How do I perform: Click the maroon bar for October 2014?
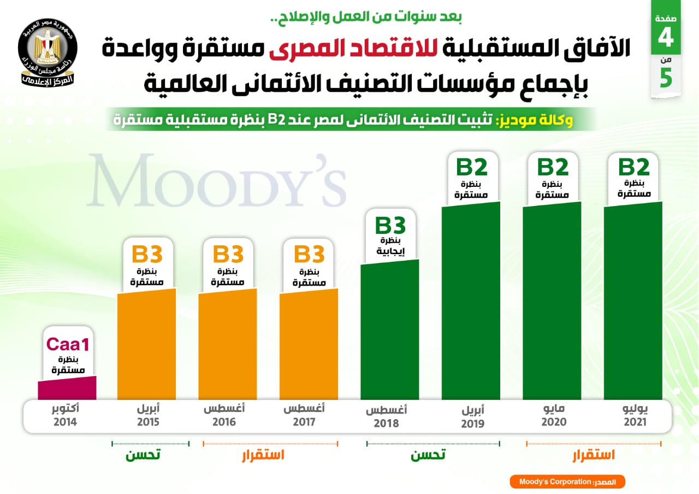(x=67, y=389)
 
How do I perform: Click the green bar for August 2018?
(x=390, y=331)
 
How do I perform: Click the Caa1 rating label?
(x=67, y=344)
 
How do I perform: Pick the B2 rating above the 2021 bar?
(x=633, y=167)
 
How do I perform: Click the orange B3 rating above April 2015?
(x=147, y=255)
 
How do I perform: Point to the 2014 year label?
(x=65, y=422)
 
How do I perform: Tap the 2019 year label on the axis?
(x=472, y=424)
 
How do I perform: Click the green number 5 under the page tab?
(x=666, y=78)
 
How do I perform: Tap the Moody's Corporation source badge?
(x=567, y=482)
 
